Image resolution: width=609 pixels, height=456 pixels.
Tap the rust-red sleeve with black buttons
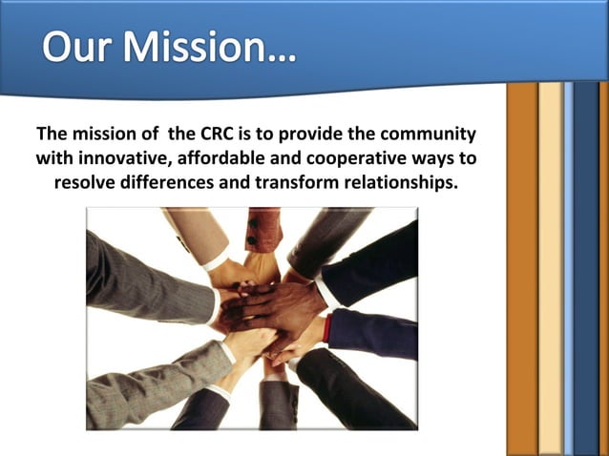[263, 229]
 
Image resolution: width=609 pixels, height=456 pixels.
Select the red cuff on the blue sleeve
[326, 328]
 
